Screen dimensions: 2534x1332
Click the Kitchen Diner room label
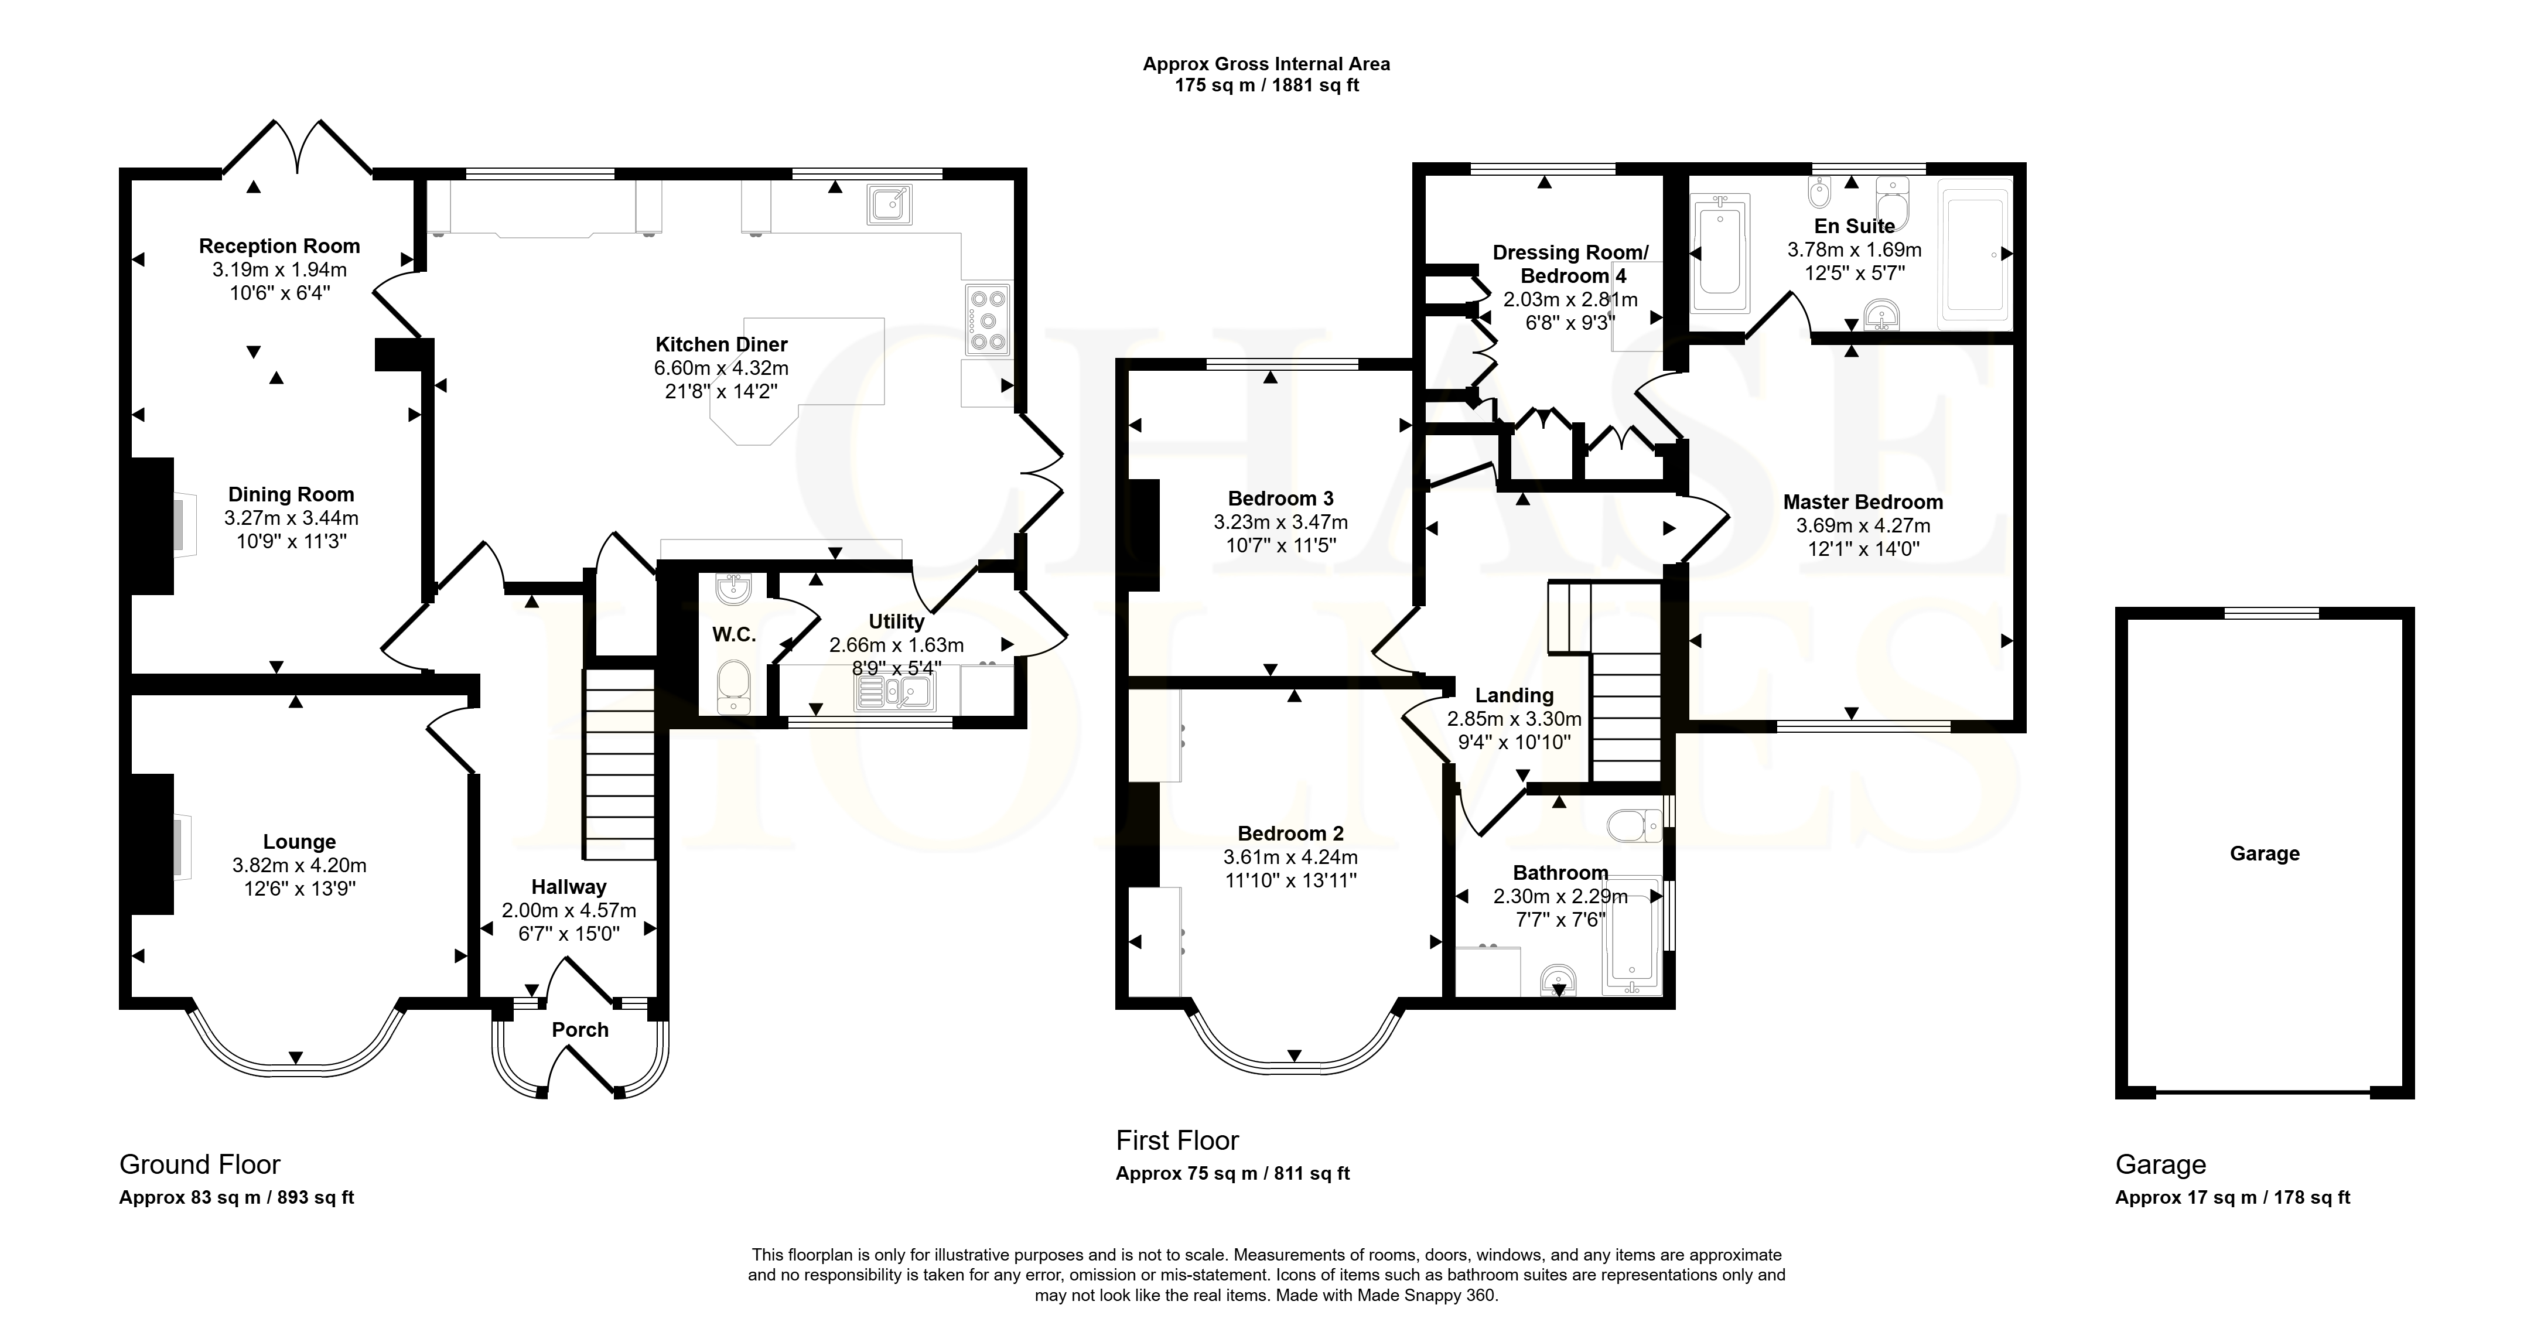[x=721, y=344]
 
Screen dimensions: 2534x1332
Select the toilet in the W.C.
[x=733, y=687]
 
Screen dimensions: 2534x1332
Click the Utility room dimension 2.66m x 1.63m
[x=896, y=645]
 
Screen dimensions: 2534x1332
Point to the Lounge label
[x=299, y=842]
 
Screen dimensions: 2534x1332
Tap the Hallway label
[x=569, y=887]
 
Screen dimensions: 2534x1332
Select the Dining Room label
[x=291, y=495]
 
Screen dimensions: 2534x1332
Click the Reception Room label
[x=279, y=246]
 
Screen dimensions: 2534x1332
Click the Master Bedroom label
[x=1863, y=502]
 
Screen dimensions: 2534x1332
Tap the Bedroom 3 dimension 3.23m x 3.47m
[x=1281, y=522]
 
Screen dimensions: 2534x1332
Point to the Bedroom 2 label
[x=1290, y=834]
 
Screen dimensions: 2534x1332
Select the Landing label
[x=1514, y=695]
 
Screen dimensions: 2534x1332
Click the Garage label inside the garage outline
[x=2265, y=854]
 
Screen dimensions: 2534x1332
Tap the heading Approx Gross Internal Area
[x=1266, y=64]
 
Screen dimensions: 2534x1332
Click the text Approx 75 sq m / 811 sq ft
[x=1232, y=1174]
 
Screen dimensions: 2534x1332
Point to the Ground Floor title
[x=200, y=1164]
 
